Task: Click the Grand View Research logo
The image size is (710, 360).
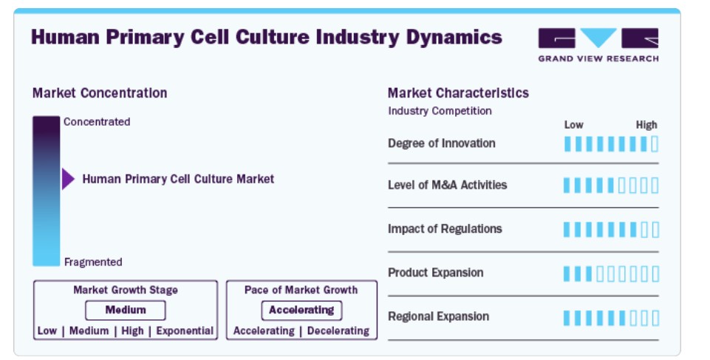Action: tap(598, 44)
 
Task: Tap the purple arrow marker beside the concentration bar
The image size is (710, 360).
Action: tap(68, 179)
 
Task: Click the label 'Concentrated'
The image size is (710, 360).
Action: tap(97, 122)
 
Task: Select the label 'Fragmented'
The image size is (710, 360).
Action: tap(93, 262)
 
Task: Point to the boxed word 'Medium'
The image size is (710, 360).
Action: tap(126, 310)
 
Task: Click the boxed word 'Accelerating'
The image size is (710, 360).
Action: tap(301, 310)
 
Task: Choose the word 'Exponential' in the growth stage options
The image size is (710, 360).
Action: tap(185, 330)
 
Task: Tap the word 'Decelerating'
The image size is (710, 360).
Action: tap(338, 330)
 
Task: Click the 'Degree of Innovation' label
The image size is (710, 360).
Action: tap(442, 143)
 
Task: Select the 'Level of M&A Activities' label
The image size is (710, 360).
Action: tap(448, 185)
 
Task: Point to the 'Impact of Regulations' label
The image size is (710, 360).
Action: tap(445, 228)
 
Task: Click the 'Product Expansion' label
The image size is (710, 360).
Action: tap(436, 273)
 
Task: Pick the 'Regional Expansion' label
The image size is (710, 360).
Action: tap(438, 316)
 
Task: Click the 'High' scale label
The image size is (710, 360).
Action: tap(646, 124)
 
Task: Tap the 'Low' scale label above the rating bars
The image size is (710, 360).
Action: tap(574, 124)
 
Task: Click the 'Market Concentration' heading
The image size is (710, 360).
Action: tap(100, 93)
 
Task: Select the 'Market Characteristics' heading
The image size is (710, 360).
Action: tap(458, 93)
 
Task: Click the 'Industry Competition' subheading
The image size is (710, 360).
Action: tap(440, 111)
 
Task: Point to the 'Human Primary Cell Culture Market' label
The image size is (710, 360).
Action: tap(178, 179)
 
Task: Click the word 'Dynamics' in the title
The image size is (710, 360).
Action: tap(454, 38)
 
